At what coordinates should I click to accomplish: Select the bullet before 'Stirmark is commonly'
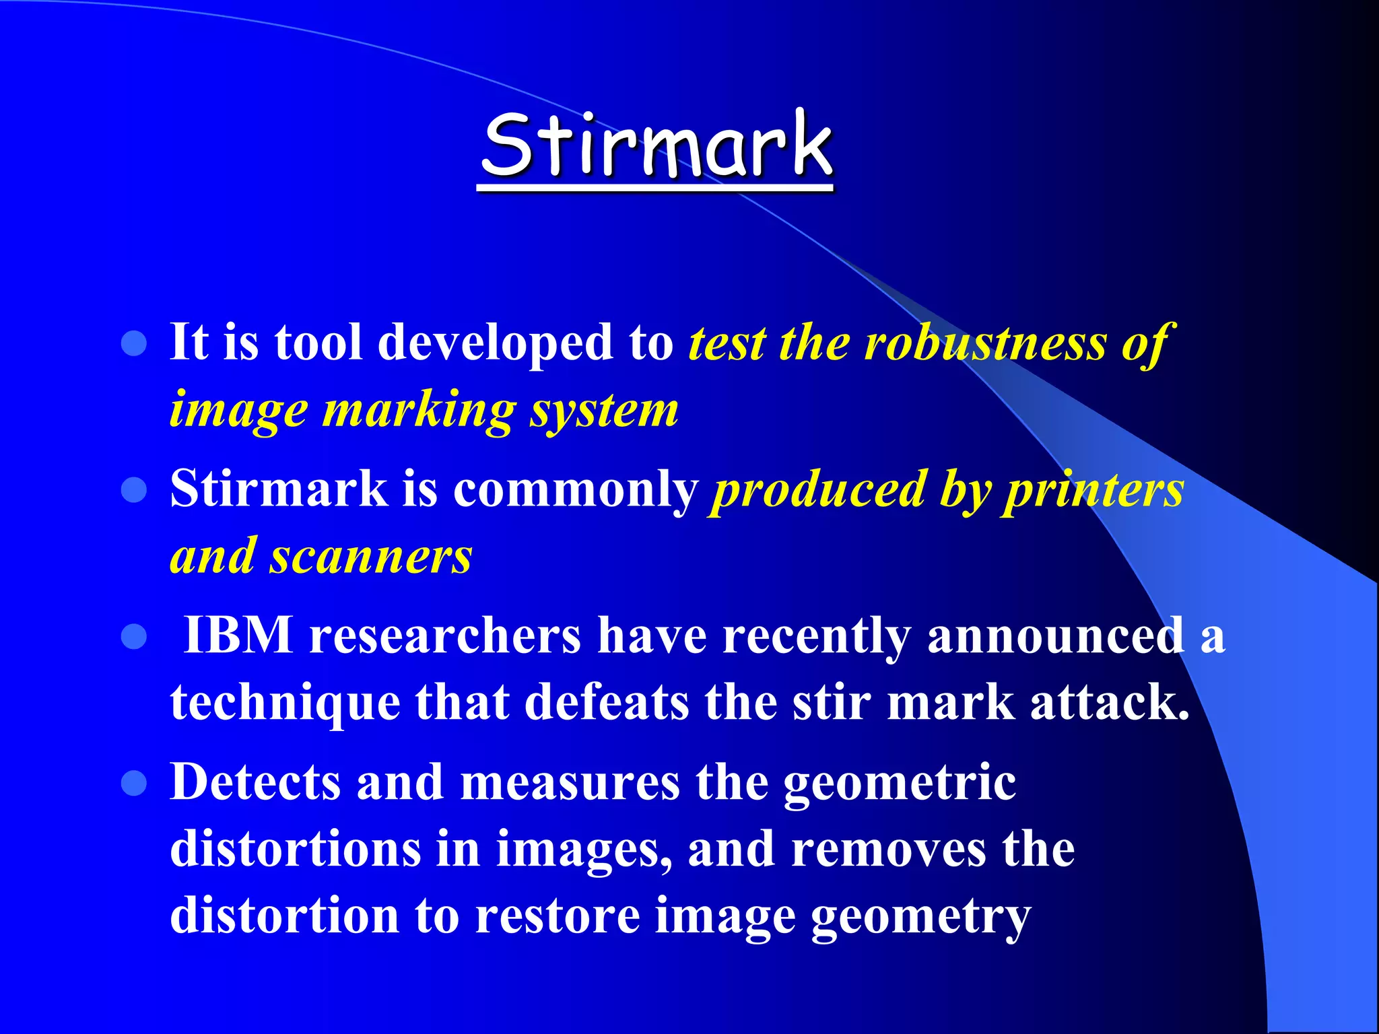click(134, 489)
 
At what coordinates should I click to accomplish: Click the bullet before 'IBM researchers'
click(134, 636)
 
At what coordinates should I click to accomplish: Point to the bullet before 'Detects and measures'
click(134, 783)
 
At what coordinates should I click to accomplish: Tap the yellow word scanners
click(371, 557)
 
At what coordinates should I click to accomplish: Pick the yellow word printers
click(1095, 489)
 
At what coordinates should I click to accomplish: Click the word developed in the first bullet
click(496, 343)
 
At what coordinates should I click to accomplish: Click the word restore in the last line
click(558, 916)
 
